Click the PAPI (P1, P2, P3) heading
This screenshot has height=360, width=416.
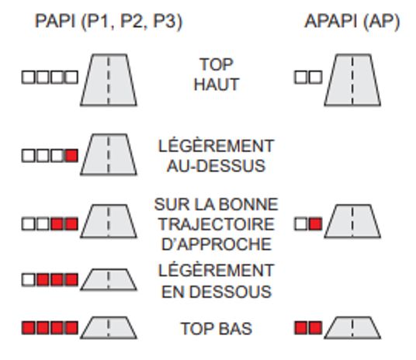coord(109,22)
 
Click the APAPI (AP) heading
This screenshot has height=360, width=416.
coord(352,22)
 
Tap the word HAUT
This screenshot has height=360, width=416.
coord(217,85)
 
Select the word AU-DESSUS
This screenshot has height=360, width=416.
coord(217,166)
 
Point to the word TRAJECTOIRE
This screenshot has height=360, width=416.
coord(217,224)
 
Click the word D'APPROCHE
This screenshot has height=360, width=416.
coord(217,244)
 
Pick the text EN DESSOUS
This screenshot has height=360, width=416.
coord(217,292)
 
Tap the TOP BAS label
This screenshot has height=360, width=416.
coord(217,329)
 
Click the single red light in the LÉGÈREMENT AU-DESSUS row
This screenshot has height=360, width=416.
coord(71,155)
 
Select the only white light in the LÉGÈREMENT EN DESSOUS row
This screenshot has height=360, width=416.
coord(28,280)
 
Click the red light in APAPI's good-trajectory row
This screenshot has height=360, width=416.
coord(315,224)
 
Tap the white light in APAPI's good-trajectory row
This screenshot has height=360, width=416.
coord(301,224)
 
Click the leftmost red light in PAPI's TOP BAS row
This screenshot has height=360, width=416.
coord(28,327)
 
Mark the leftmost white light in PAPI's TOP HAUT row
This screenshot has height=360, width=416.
coord(28,78)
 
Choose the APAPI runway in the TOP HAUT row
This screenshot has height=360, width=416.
coord(352,80)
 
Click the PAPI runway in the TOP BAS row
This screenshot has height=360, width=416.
coord(109,327)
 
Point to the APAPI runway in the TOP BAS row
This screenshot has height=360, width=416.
coord(352,327)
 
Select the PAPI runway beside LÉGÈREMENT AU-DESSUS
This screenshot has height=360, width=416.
coord(109,154)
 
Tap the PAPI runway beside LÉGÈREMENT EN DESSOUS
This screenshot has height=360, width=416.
coord(109,279)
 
